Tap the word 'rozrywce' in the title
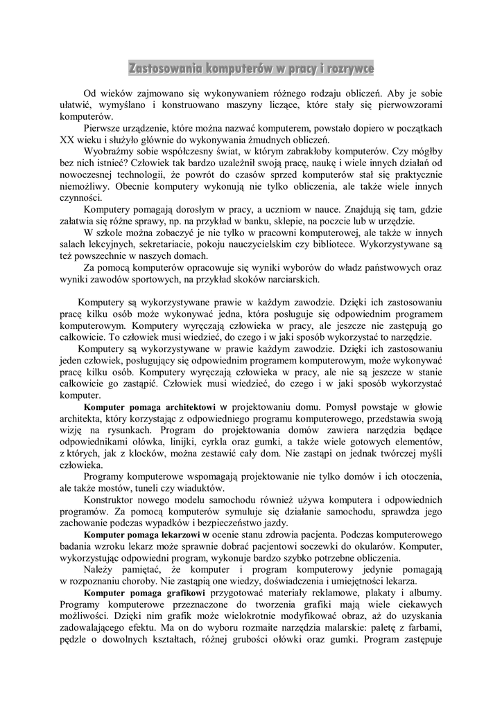(x=346, y=69)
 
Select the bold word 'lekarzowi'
(x=174, y=535)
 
